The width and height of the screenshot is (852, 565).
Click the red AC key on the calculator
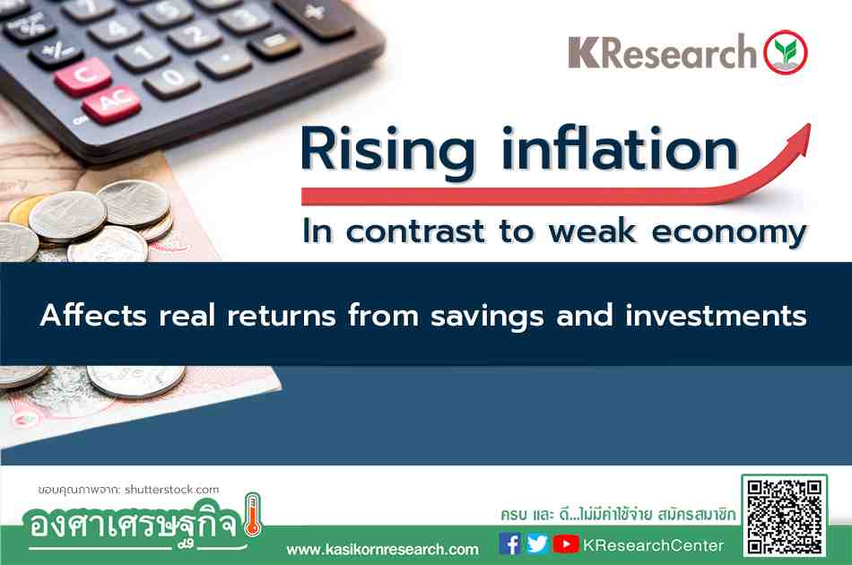pos(111,104)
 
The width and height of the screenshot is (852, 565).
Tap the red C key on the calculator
pos(83,75)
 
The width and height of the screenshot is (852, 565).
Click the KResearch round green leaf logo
pos(785,52)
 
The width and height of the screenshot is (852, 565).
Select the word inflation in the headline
pos(620,148)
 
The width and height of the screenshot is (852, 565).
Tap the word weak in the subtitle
pos(592,230)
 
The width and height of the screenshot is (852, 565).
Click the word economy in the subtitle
pos(729,233)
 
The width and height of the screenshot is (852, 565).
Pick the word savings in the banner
pos(487,317)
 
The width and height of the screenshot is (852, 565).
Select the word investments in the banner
pos(716,315)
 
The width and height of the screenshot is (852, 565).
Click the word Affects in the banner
pos(93,315)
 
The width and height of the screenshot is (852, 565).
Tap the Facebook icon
pos(509,543)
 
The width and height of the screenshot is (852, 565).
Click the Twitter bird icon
pos(537,543)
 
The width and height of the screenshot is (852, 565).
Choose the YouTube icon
pos(566,543)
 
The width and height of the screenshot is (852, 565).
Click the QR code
pos(785,517)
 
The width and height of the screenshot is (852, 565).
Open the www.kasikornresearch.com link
pos(383,549)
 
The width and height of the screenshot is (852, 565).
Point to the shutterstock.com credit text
pos(171,490)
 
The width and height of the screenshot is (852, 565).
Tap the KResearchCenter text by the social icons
pos(653,545)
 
